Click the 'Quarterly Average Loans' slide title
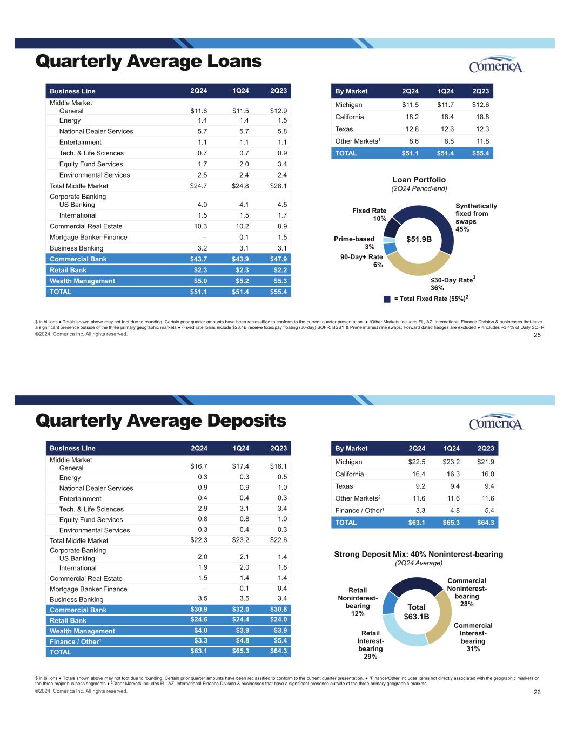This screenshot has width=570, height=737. point(149,62)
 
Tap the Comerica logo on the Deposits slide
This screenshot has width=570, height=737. point(496,422)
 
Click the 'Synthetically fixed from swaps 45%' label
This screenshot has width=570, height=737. point(475,218)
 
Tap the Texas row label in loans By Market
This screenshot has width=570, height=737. point(344,129)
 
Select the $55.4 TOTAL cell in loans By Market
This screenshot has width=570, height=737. point(480,153)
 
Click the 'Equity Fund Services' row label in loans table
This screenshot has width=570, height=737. point(91,164)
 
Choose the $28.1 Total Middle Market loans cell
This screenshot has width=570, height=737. point(278,186)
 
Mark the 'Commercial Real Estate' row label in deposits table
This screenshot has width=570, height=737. point(86,578)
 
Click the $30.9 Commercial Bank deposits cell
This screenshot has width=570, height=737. point(198,610)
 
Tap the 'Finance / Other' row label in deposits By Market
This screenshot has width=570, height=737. point(359,510)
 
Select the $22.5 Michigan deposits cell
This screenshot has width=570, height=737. point(417,462)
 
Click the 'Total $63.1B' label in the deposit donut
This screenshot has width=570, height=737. point(417,612)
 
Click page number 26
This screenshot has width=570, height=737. point(537,693)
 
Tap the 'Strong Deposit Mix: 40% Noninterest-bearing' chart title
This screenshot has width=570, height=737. point(418,554)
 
